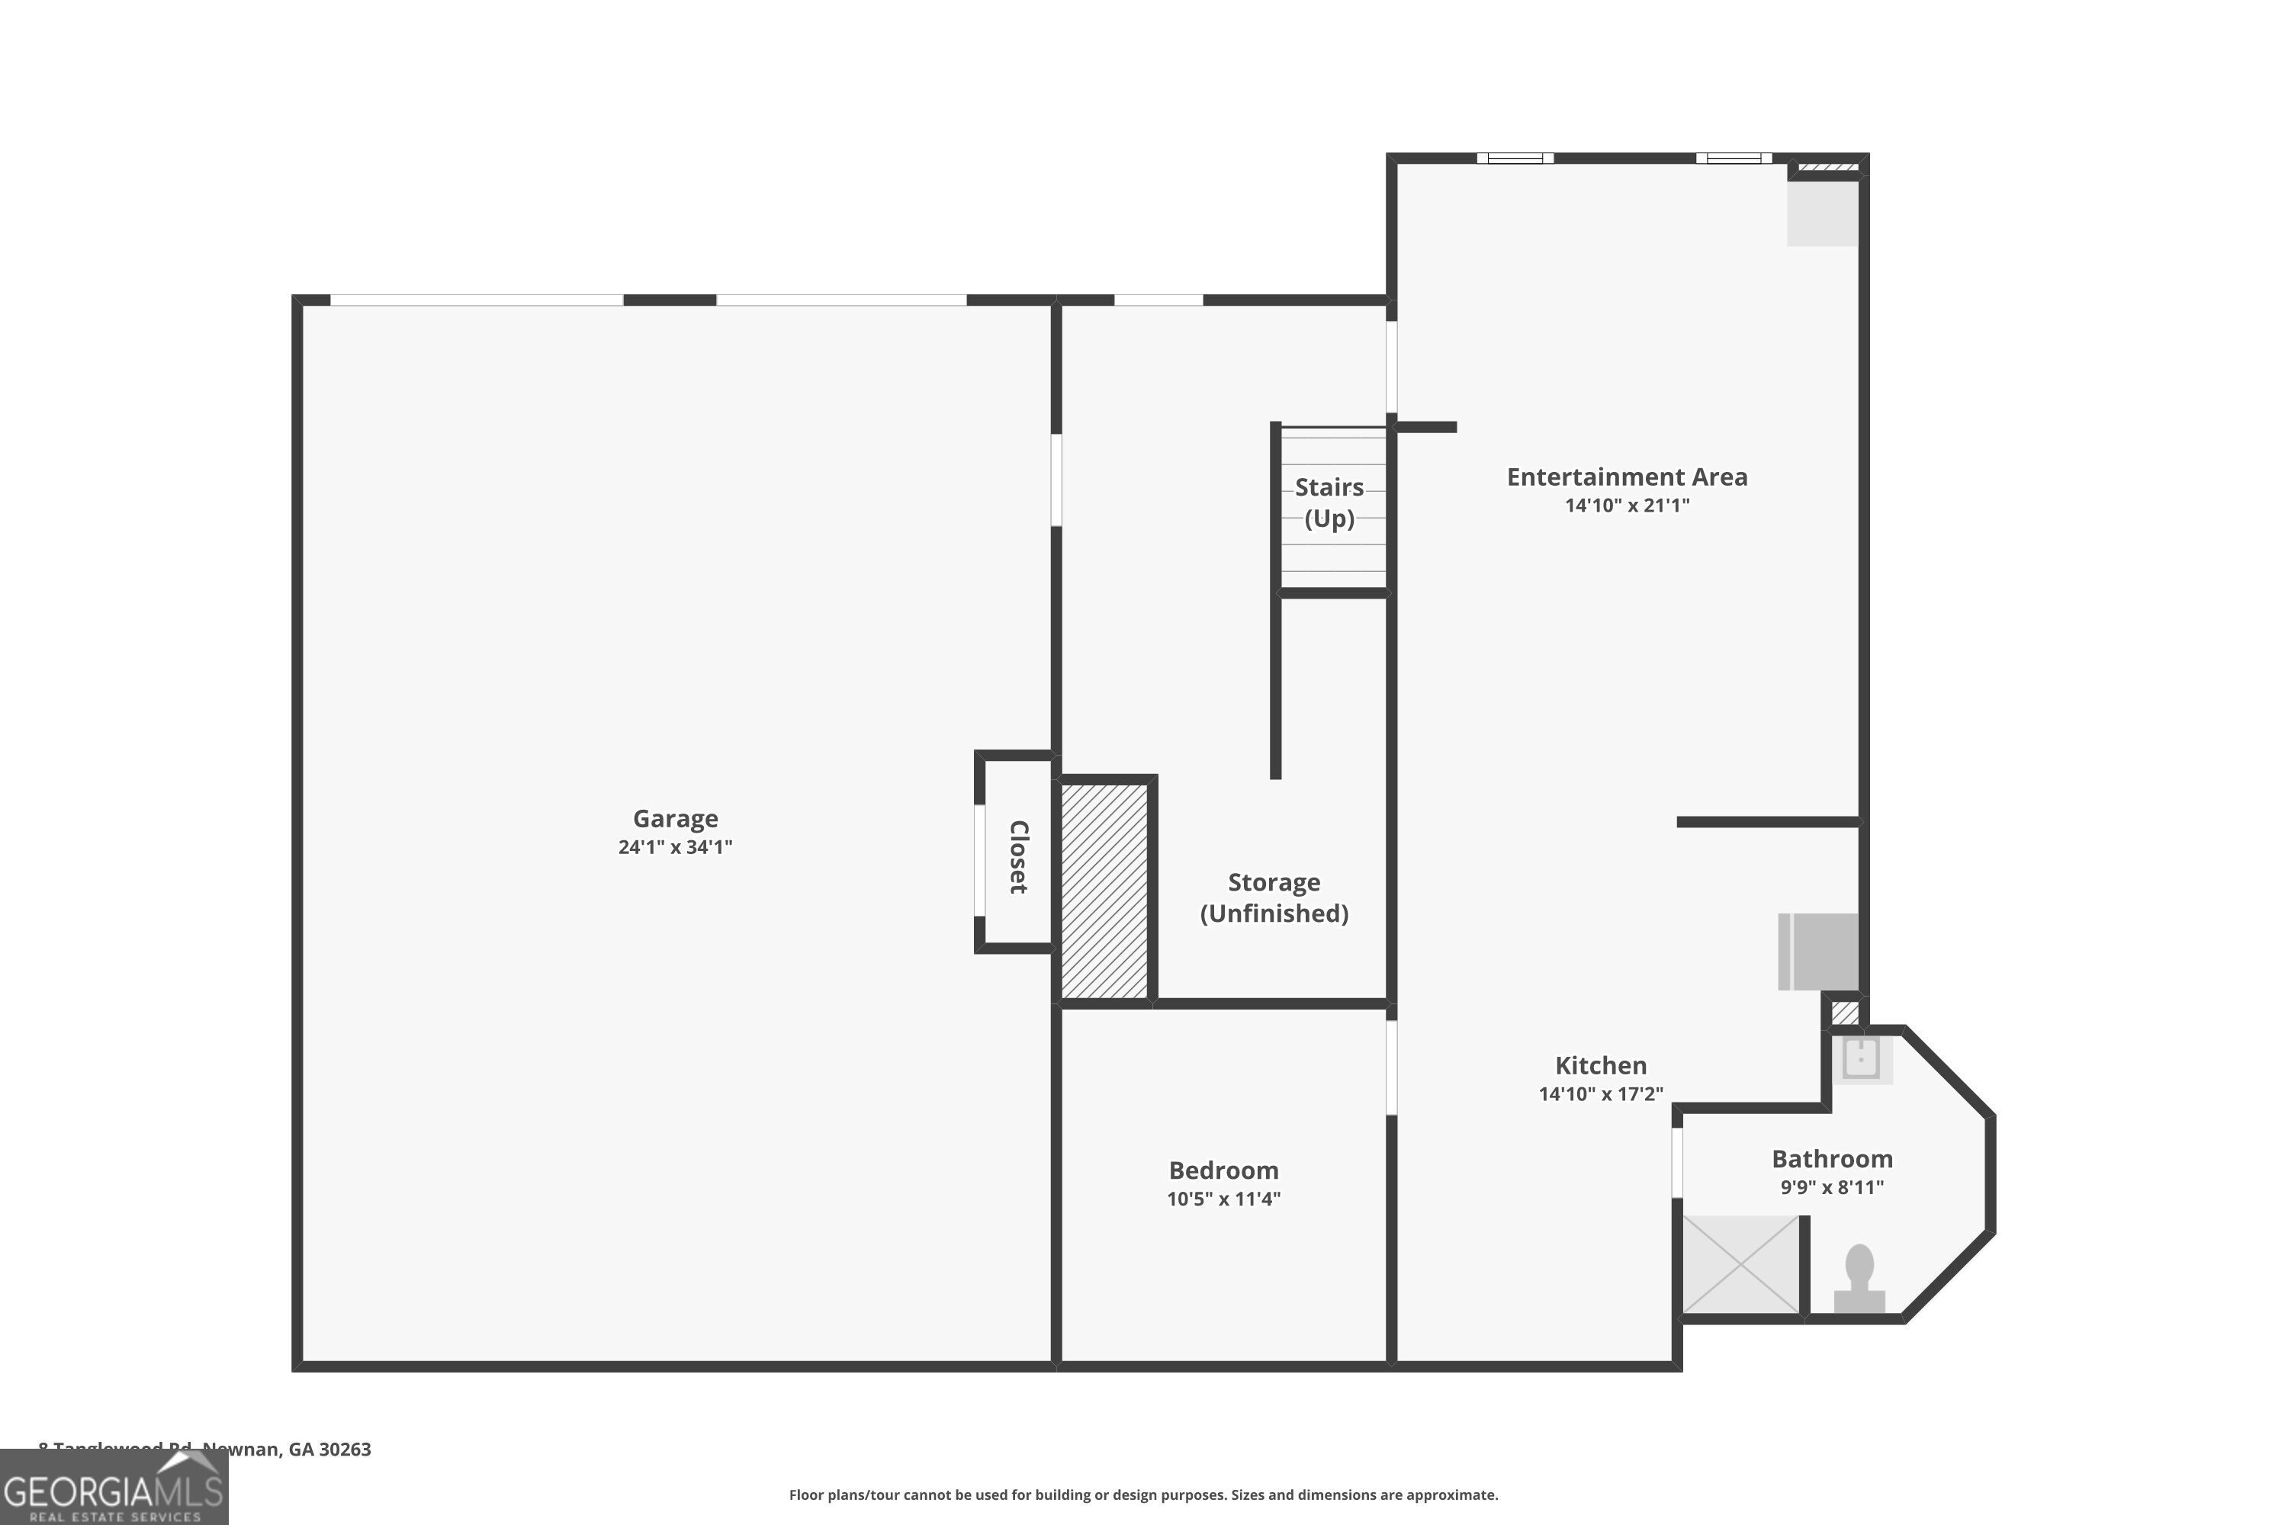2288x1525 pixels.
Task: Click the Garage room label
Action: tap(675, 819)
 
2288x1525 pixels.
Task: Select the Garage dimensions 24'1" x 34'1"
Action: tap(675, 847)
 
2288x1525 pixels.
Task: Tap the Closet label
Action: tap(1017, 857)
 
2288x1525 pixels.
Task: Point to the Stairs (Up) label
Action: tap(1329, 502)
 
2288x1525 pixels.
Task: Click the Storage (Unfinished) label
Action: tap(1274, 897)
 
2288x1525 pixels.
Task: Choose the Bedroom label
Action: tap(1223, 1170)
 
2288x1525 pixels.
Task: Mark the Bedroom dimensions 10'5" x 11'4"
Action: tap(1223, 1199)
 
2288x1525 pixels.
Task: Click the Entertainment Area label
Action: tap(1627, 477)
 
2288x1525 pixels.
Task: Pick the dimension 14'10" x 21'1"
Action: tap(1627, 506)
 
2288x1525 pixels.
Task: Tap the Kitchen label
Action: tap(1600, 1065)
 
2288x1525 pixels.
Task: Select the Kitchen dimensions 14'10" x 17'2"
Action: tap(1600, 1094)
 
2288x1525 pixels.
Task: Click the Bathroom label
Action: tap(1832, 1158)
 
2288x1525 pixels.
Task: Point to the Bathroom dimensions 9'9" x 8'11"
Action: tap(1832, 1187)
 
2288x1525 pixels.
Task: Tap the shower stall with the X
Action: tap(1741, 1263)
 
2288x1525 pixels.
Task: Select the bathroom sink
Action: tap(1861, 1058)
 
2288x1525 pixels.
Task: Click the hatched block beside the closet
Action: tap(1104, 891)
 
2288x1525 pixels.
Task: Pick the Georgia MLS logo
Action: tap(114, 1489)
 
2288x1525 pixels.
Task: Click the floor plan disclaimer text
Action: tap(1143, 1494)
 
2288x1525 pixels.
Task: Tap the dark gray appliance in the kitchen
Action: tap(1819, 951)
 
